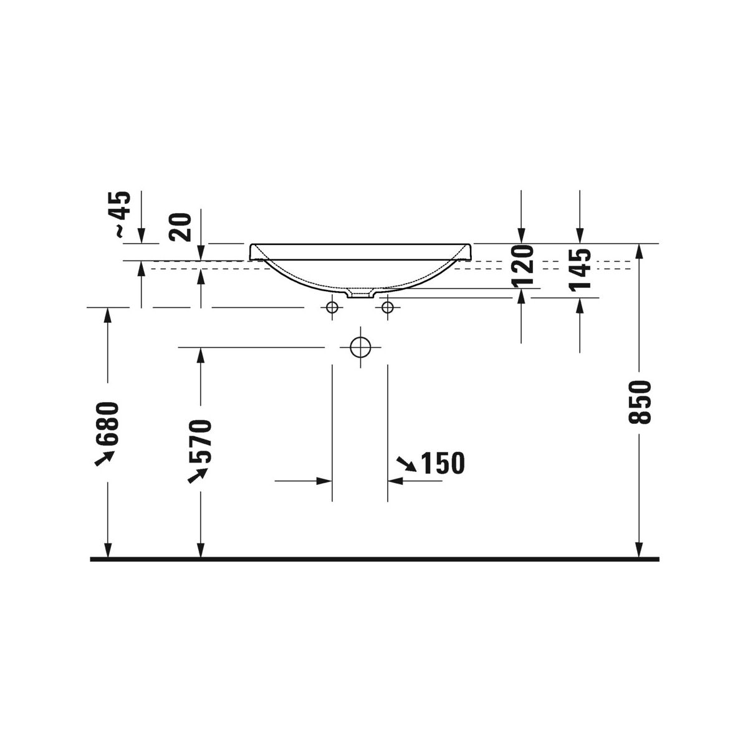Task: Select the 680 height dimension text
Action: pyautogui.click(x=107, y=423)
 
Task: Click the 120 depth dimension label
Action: pyautogui.click(x=522, y=265)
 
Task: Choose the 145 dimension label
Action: pyautogui.click(x=580, y=269)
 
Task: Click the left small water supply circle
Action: pyautogui.click(x=332, y=307)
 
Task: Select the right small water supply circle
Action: pyautogui.click(x=388, y=307)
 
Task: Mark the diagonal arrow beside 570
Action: pyautogui.click(x=198, y=475)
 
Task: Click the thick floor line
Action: pyautogui.click(x=374, y=559)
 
